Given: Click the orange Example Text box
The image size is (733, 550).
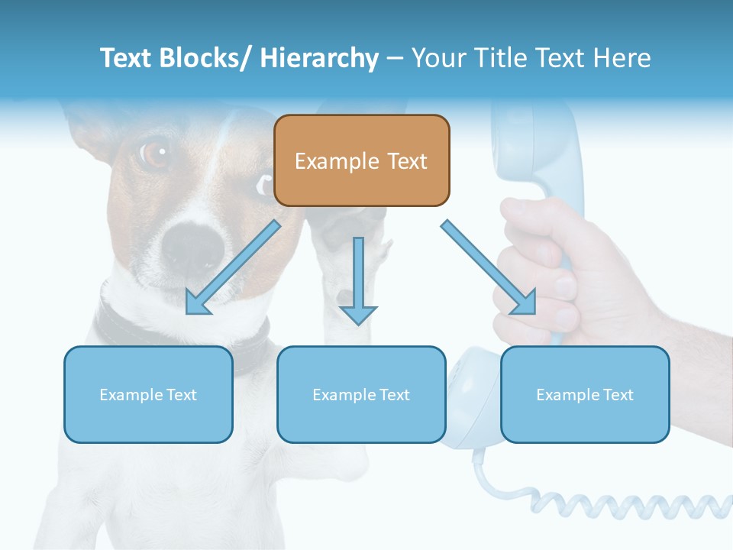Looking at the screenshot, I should (361, 160).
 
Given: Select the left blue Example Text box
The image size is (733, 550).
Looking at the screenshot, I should (148, 394).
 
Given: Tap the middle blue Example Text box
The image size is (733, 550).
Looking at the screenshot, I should (361, 394).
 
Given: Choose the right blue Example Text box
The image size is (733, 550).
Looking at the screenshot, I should (585, 394).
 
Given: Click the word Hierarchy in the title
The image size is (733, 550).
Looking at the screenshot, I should (319, 58).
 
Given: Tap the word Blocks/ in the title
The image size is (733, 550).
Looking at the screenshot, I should (205, 58).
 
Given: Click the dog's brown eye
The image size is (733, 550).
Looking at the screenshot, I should (154, 153).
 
